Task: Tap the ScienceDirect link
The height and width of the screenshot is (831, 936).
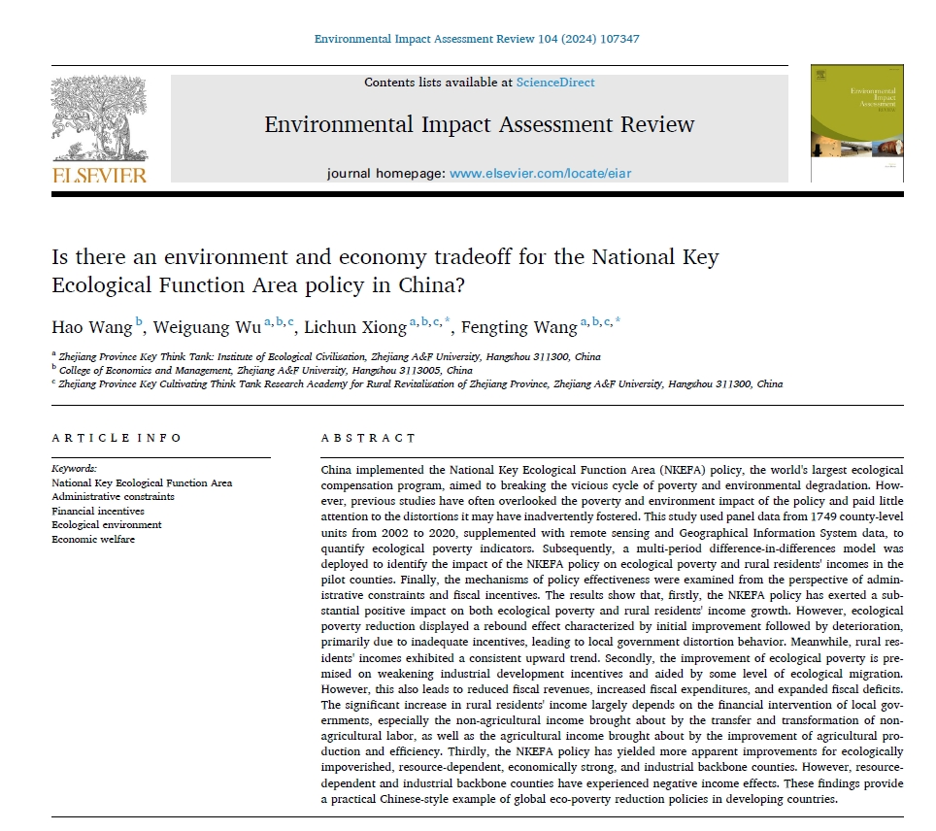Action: pos(555,83)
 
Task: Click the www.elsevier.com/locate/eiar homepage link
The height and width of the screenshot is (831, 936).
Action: pos(541,173)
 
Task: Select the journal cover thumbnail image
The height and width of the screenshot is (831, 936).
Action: pos(856,123)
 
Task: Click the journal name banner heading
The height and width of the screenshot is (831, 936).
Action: pos(480,124)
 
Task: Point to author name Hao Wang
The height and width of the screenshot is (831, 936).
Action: pos(91,326)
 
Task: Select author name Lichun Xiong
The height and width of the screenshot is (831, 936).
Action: pos(356,326)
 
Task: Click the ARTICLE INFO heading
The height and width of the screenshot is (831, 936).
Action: pos(117,438)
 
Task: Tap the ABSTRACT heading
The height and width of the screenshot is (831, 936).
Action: pos(368,438)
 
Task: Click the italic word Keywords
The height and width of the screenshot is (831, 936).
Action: pos(75,468)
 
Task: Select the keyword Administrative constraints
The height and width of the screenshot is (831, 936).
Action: pos(113,496)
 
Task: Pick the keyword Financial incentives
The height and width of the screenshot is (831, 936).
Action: pos(98,511)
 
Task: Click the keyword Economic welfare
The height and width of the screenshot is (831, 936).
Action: pos(93,539)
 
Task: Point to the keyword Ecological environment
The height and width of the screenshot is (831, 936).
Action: pos(107,524)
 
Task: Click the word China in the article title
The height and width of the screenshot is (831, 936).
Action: pos(444,286)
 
